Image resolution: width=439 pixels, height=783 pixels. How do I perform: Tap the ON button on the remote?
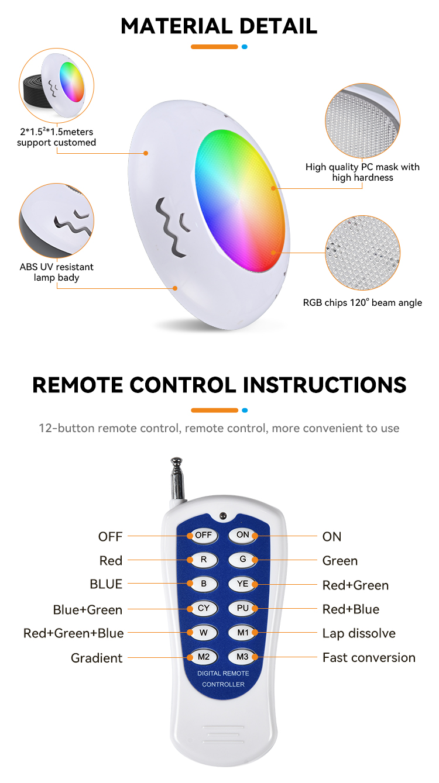coord(242,535)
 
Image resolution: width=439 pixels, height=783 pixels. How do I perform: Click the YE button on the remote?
coord(242,584)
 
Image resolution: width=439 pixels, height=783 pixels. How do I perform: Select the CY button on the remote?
coord(204,608)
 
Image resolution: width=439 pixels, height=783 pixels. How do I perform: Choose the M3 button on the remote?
coord(242,657)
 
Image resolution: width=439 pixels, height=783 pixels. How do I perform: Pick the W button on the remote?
coord(204,633)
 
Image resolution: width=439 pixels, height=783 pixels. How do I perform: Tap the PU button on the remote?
coord(242,608)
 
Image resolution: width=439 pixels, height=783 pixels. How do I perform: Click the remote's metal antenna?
coord(177,478)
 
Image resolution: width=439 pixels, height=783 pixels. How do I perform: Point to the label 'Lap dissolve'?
coord(359,633)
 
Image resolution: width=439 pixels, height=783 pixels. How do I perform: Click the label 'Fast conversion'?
coord(369,657)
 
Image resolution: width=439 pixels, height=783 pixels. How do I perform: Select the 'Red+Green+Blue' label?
coord(73,633)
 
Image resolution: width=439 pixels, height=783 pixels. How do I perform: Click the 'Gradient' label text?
coord(97,658)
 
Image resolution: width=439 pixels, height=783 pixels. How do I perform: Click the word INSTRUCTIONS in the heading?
coord(324,385)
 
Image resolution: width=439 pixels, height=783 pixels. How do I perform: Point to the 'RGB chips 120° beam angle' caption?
coord(362,303)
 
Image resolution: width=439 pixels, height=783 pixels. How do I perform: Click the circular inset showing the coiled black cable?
coord(56,85)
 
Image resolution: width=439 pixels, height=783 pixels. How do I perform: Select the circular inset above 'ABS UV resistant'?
coord(56,221)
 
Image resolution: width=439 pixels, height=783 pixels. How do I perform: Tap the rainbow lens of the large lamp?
coord(239,201)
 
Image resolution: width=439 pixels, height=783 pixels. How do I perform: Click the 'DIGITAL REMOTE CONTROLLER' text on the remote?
coord(223,678)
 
